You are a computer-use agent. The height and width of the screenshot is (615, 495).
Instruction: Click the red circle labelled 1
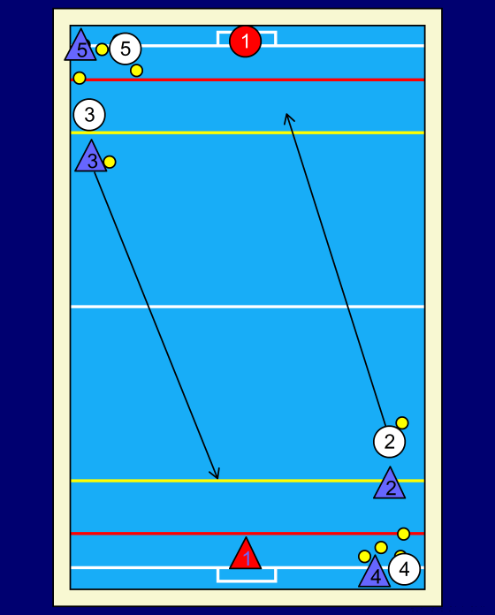tap(246, 42)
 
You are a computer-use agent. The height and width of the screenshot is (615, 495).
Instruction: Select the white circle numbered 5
tap(126, 49)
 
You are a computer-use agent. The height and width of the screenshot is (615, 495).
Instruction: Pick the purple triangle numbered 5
tap(80, 47)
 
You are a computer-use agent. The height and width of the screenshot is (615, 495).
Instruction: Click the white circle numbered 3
tap(89, 115)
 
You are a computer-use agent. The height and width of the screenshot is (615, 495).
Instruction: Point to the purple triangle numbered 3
tap(91, 158)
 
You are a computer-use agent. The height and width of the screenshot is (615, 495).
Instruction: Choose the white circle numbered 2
tap(390, 442)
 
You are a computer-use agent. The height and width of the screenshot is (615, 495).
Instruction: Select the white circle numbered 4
tap(404, 569)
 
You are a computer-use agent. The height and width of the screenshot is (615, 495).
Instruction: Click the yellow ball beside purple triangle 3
tap(110, 162)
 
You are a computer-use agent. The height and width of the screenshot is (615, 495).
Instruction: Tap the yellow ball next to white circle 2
tap(402, 422)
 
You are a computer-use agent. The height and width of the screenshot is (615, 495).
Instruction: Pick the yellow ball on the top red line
tap(80, 78)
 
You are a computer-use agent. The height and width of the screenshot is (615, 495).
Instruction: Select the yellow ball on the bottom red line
tap(404, 534)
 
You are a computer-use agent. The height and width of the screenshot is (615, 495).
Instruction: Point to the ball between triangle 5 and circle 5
tap(102, 49)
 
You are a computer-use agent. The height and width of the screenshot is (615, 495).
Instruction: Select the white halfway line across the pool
tap(247, 307)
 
